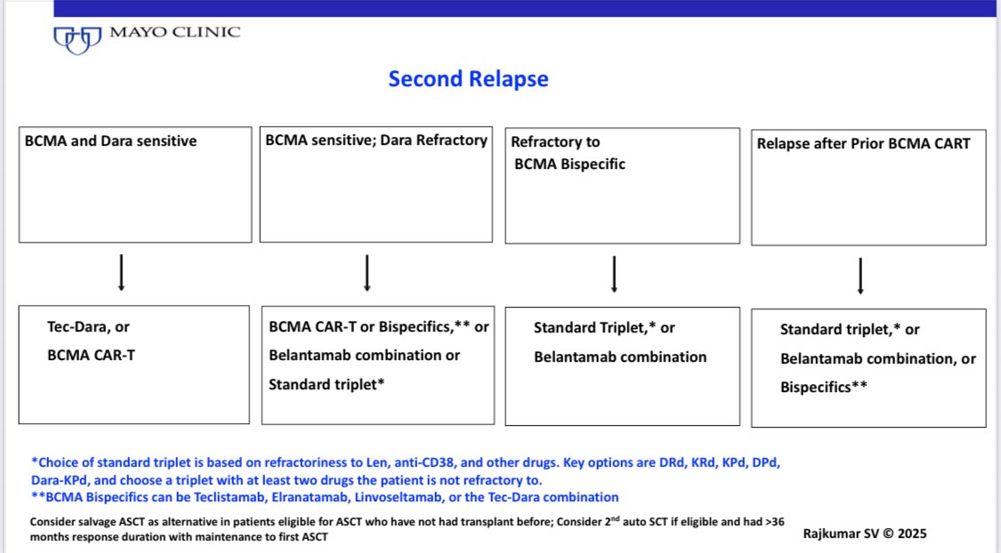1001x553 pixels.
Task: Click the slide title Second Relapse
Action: pyautogui.click(x=468, y=78)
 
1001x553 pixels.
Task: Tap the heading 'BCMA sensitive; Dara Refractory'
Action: pyautogui.click(x=376, y=140)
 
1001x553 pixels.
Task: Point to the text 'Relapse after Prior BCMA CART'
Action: pyautogui.click(x=864, y=142)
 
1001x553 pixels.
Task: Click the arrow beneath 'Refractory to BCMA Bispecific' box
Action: pyautogui.click(x=614, y=276)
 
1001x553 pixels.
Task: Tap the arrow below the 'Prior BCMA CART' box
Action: pyautogui.click(x=860, y=277)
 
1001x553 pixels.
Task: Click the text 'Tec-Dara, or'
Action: pyautogui.click(x=88, y=326)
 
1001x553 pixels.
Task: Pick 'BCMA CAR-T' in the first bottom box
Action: pyautogui.click(x=91, y=354)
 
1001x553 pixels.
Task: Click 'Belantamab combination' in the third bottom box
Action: pyautogui.click(x=620, y=357)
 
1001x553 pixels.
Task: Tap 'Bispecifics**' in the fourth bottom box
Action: pyautogui.click(x=824, y=388)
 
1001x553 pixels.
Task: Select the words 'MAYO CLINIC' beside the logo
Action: pyautogui.click(x=174, y=32)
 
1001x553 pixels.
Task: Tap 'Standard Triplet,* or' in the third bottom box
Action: pyautogui.click(x=604, y=327)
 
